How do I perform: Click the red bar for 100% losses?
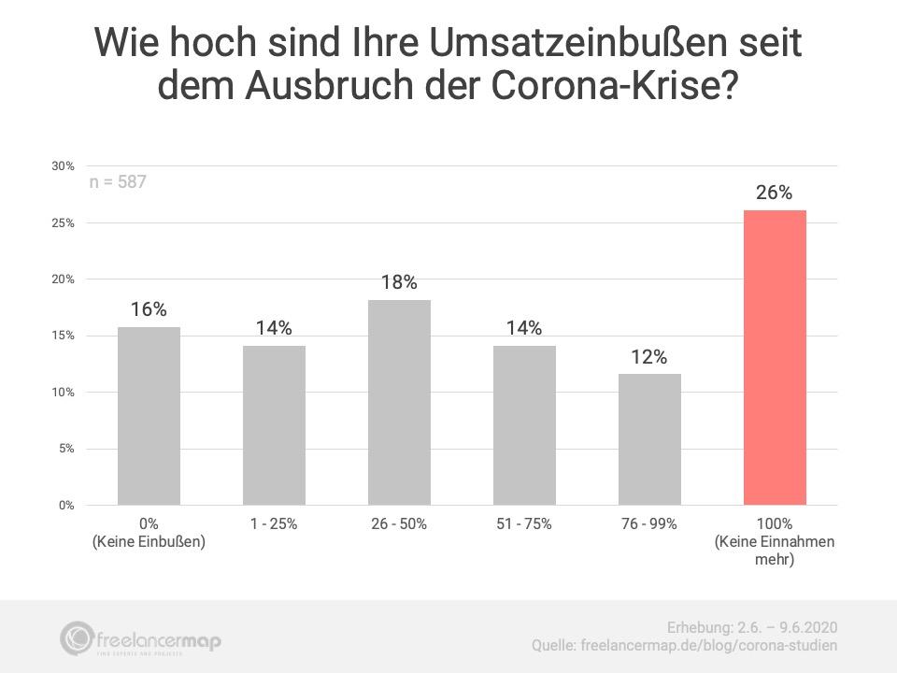click(775, 358)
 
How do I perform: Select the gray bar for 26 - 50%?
click(399, 403)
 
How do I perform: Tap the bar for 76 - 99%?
click(650, 439)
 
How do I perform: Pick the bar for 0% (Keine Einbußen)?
click(149, 416)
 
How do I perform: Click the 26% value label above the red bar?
click(774, 193)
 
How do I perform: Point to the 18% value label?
click(399, 282)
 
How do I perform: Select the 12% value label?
click(649, 357)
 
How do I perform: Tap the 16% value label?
click(149, 309)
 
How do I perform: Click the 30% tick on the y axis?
click(63, 166)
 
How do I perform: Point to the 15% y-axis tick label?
click(63, 336)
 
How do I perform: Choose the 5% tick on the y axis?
click(66, 449)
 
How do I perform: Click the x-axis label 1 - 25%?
click(274, 523)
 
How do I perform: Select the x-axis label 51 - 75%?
click(524, 523)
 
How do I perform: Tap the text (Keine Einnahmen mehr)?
click(775, 550)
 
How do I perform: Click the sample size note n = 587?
click(118, 182)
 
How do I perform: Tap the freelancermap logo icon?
click(76, 638)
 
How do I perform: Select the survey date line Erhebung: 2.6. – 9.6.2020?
click(751, 628)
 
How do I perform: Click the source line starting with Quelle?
click(684, 646)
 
